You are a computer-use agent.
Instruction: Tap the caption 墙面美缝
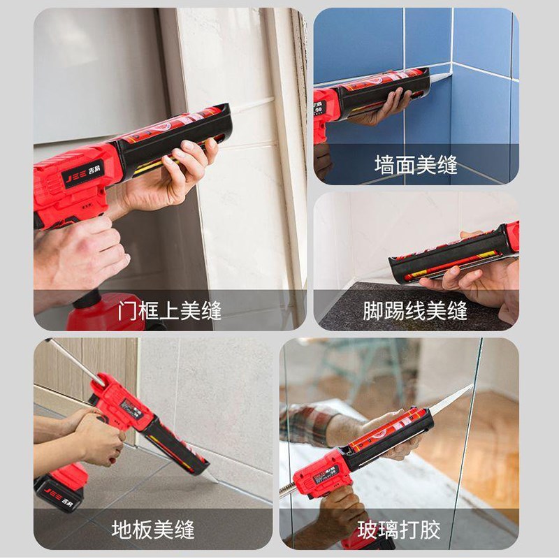coord(416,166)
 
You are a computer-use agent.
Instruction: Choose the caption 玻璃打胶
coord(400,529)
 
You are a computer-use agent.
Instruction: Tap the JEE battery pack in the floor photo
coord(61,486)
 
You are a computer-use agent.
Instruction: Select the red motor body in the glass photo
coord(321,475)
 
